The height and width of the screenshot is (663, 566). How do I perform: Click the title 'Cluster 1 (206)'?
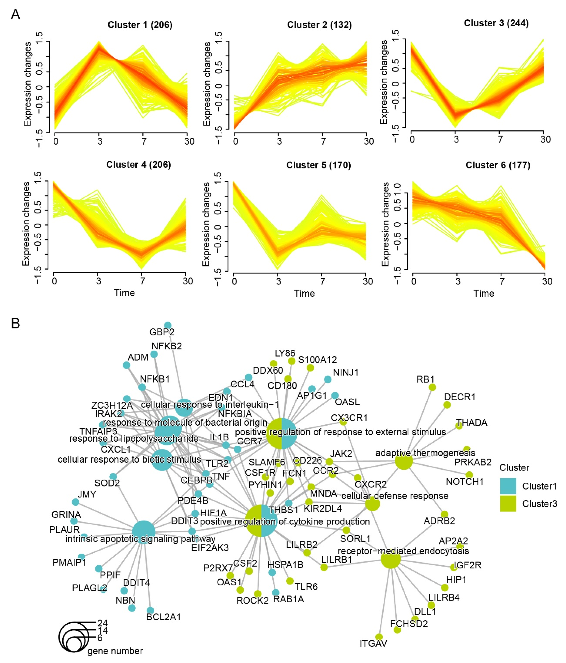pyautogui.click(x=140, y=25)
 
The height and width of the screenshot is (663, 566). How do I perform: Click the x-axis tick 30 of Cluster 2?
pyautogui.click(x=369, y=141)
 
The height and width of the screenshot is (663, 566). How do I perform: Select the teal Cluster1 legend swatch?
pyautogui.click(x=508, y=486)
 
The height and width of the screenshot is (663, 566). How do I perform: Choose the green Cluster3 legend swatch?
pyautogui.click(x=508, y=504)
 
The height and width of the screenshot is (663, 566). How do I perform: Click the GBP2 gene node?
pyautogui.click(x=167, y=325)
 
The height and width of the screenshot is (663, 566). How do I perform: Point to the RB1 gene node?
pyautogui.click(x=432, y=387)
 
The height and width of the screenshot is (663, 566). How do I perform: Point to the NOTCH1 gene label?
pyautogui.click(x=464, y=482)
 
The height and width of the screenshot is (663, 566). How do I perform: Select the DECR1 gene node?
pyautogui.click(x=447, y=405)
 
